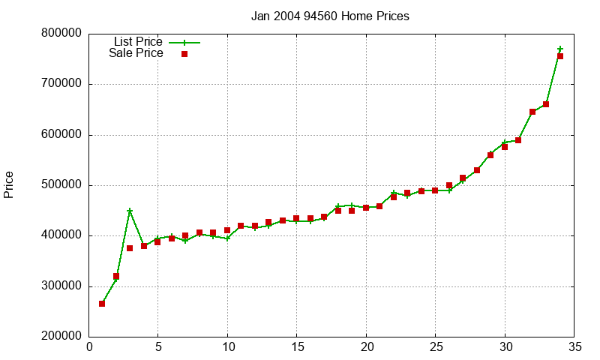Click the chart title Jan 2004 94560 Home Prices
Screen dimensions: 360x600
[x=330, y=16]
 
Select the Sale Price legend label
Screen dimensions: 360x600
[x=136, y=53]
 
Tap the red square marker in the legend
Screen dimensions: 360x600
[x=184, y=53]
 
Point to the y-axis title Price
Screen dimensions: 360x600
[x=9, y=184]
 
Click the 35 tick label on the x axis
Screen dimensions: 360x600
[x=574, y=347]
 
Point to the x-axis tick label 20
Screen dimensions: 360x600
[x=366, y=347]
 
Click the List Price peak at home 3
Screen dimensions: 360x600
[x=130, y=211]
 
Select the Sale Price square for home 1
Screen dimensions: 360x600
[x=102, y=304]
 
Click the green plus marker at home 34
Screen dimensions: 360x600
[x=560, y=49]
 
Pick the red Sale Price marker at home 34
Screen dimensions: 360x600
[x=560, y=56]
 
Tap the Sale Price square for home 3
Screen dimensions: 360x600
[x=130, y=248]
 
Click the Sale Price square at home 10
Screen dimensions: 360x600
[x=227, y=230]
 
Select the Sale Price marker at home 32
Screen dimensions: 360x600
[x=532, y=112]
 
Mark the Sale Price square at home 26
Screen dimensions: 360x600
[x=449, y=185]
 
